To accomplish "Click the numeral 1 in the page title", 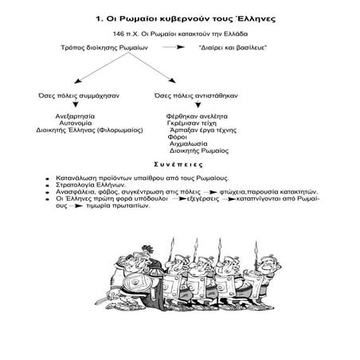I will pyautogui.click(x=97, y=18).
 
